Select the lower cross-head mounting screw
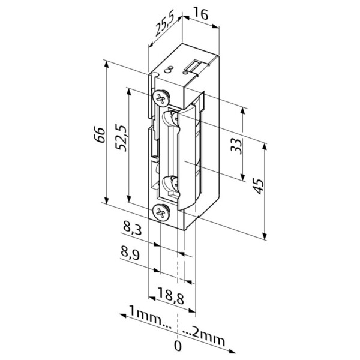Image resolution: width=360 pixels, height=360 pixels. click(161, 212)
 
